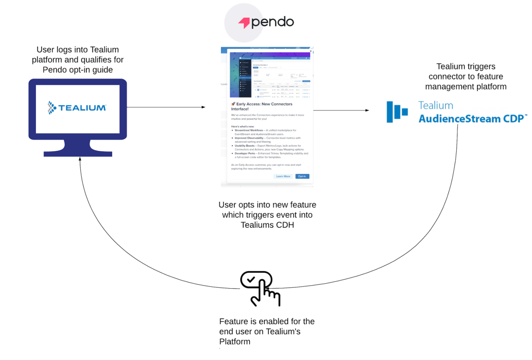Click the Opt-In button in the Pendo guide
click(302, 176)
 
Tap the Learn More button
click(283, 176)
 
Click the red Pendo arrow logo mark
click(244, 23)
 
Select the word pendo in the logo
click(273, 22)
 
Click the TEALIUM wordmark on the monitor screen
click(82, 108)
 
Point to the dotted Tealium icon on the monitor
click(52, 108)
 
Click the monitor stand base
click(78, 153)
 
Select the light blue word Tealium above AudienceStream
click(435, 105)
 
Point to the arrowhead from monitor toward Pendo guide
click(203, 107)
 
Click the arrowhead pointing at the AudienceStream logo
click(367, 110)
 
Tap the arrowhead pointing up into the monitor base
click(80, 159)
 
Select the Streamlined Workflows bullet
click(265, 132)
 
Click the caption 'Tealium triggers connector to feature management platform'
click(466, 77)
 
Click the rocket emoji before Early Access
click(233, 104)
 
